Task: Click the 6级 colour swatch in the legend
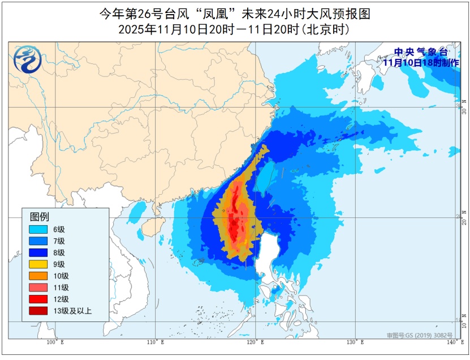(x=39, y=229)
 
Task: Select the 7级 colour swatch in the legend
(x=39, y=241)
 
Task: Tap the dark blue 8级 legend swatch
(x=39, y=252)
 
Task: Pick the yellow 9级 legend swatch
(x=39, y=264)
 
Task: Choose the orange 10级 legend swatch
(x=39, y=276)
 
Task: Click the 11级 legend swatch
(x=39, y=287)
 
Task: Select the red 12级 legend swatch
(x=39, y=299)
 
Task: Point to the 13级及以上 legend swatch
(x=39, y=310)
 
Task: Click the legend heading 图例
(x=39, y=216)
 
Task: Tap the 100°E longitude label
(x=55, y=342)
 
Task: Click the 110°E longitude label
(x=155, y=342)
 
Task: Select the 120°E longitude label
(x=255, y=342)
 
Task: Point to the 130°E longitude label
(x=355, y=342)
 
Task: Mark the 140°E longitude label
(x=451, y=342)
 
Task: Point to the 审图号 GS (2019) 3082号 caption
(x=420, y=335)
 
